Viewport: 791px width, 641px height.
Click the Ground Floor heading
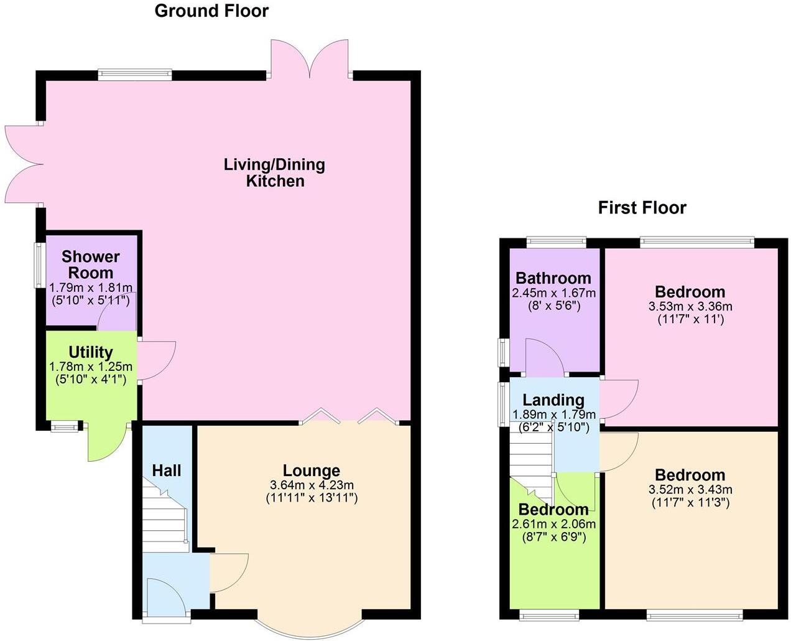coord(211,11)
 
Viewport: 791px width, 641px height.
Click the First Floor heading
coord(642,208)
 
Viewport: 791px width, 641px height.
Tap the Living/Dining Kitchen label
coord(274,173)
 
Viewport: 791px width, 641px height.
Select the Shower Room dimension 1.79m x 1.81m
coord(91,288)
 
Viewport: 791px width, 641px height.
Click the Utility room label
coord(91,352)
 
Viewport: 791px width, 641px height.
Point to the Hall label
coord(167,470)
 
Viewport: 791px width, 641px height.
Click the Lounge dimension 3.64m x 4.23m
coord(312,485)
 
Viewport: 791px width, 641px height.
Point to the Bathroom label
coord(553,278)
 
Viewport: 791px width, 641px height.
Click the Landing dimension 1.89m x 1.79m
coord(553,414)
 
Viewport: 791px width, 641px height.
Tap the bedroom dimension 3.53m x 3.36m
coord(690,307)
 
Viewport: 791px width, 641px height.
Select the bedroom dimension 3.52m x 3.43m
coord(690,490)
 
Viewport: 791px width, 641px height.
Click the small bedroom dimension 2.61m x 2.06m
coord(553,525)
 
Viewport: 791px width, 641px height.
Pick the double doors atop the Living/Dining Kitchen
coord(309,59)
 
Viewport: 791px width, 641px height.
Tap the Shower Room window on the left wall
coord(39,264)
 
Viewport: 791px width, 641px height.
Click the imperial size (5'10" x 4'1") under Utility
coord(91,379)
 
